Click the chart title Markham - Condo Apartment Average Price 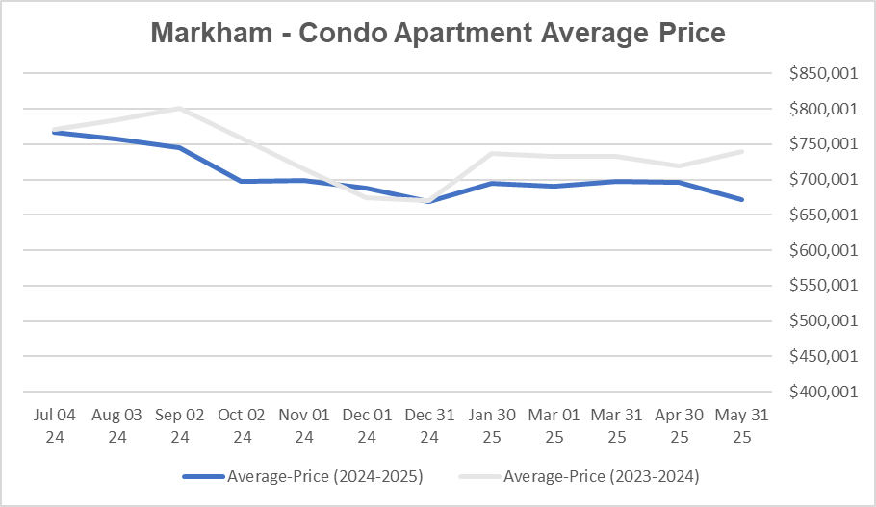(438, 33)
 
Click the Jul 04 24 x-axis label (55, 425)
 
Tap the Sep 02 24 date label (180, 425)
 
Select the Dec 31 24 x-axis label (429, 425)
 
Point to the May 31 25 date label (741, 425)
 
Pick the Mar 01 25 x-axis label (554, 425)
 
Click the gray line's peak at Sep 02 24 (180, 108)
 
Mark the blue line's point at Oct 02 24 (242, 181)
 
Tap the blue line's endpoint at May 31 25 (741, 199)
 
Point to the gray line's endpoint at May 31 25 (741, 151)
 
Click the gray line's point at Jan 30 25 (492, 153)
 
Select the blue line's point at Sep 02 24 (180, 147)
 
